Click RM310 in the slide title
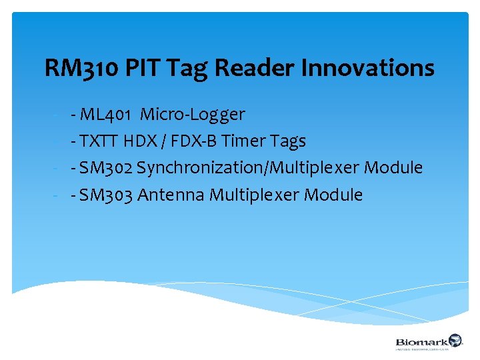(80, 68)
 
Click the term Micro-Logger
(193, 115)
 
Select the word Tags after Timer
(289, 141)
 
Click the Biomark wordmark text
(421, 340)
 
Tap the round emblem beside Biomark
(455, 340)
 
